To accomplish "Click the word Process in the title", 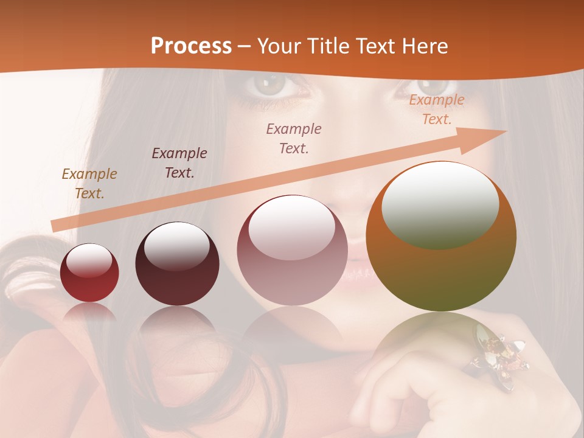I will (x=191, y=46).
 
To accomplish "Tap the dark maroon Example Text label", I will (x=179, y=163).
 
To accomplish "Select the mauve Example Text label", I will (x=294, y=139).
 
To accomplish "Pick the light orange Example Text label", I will (x=436, y=109).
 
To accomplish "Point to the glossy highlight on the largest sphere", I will (x=440, y=204).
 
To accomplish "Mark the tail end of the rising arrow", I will (x=56, y=226).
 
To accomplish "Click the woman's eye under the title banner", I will (x=271, y=87).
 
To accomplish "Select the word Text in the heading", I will (x=376, y=46).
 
